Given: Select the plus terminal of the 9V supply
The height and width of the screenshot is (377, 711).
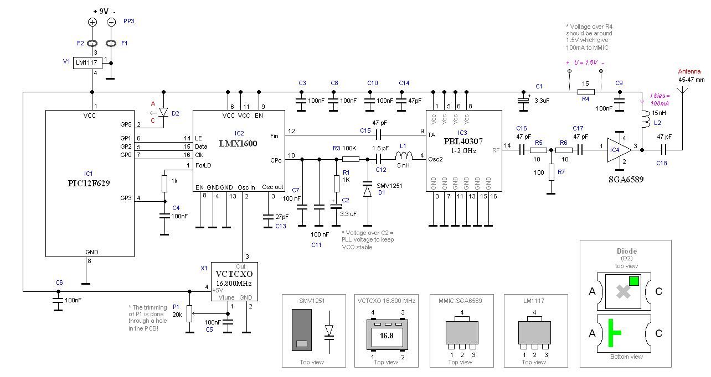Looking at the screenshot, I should point(92,22).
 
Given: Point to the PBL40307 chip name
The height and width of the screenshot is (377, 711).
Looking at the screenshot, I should point(463,141).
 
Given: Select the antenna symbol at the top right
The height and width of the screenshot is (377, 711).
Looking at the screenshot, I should point(683,91).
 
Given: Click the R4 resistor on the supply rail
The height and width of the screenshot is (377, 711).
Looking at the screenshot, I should point(585,92).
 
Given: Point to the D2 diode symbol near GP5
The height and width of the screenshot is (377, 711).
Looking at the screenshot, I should point(162,112).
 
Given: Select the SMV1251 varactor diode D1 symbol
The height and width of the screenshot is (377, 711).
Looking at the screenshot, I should point(367,191).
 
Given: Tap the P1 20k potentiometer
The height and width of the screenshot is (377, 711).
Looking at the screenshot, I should point(189,313).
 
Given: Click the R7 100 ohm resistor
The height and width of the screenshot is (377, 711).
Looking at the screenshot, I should point(550,172).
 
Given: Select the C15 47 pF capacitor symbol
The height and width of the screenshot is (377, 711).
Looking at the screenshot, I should point(379,134).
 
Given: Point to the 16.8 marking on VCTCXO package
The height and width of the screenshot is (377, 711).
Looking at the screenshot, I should point(386,335).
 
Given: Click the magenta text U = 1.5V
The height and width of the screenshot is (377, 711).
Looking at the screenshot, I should point(585,62).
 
